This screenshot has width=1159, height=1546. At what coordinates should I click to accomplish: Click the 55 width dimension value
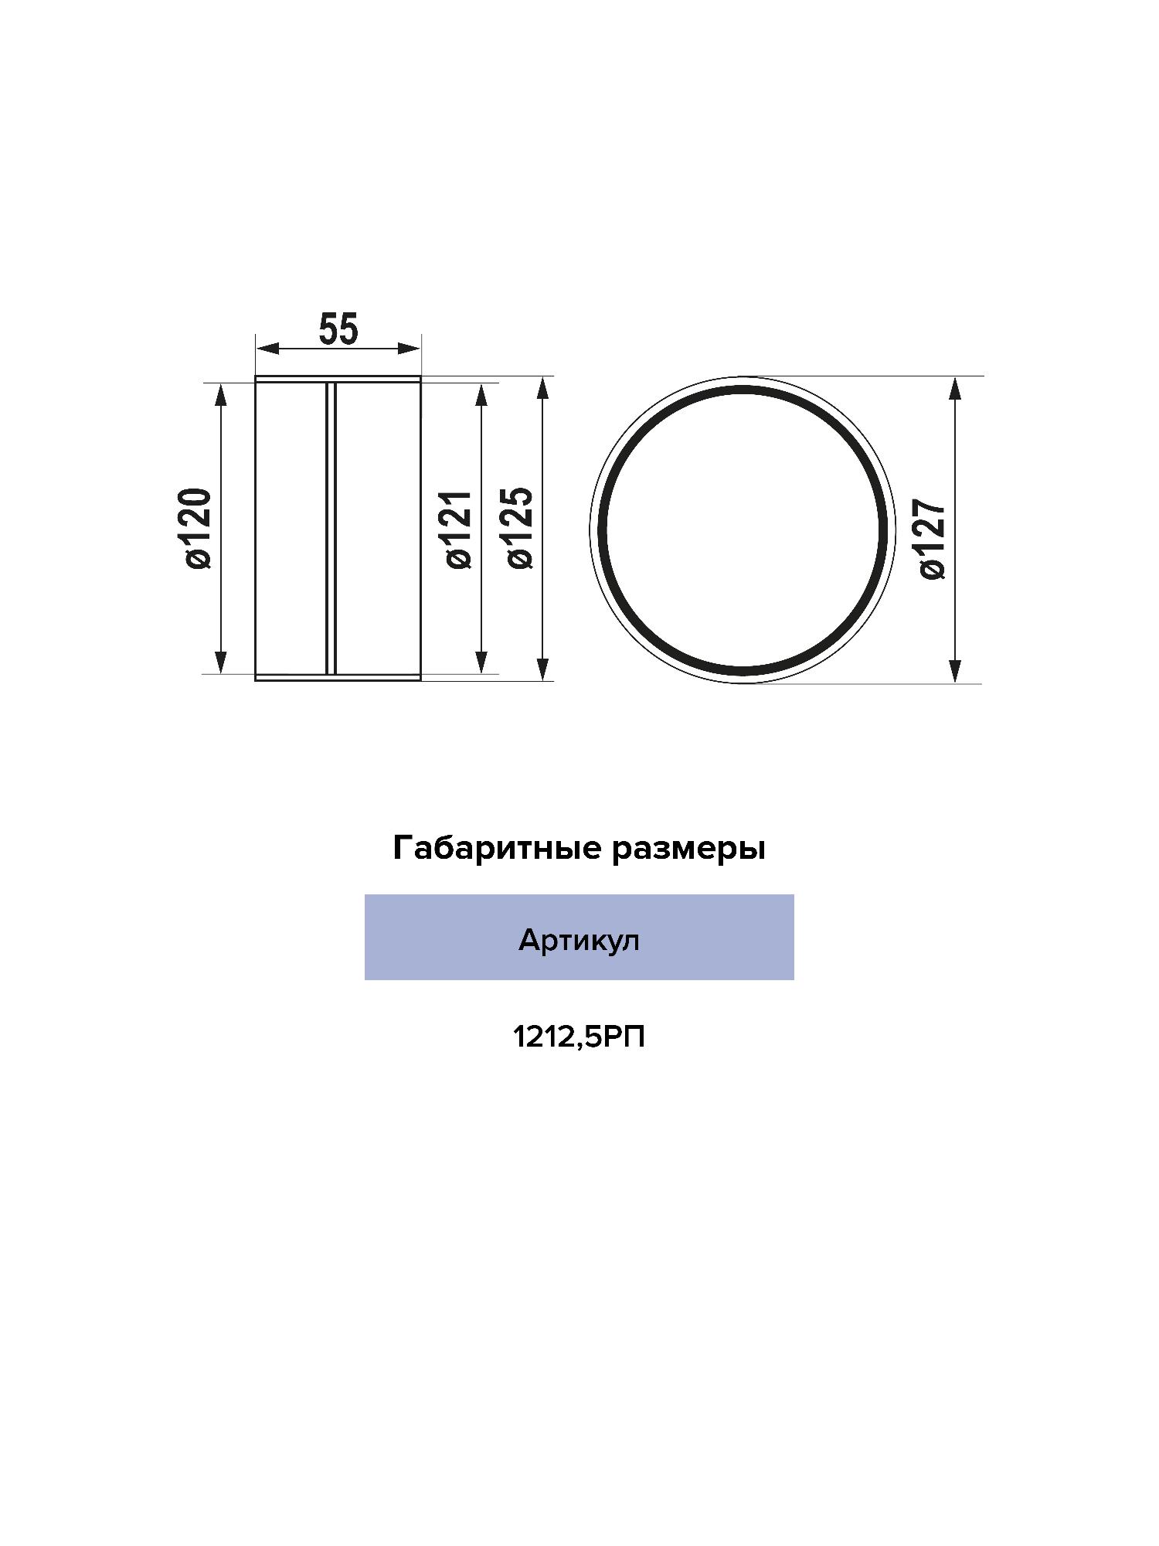338,330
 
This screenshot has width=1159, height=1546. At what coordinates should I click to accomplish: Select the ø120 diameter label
198,529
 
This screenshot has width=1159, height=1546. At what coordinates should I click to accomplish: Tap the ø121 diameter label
458,530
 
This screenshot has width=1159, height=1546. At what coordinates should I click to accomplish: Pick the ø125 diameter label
520,529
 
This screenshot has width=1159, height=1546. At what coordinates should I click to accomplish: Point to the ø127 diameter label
933,539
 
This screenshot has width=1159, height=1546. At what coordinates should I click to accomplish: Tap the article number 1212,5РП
579,1037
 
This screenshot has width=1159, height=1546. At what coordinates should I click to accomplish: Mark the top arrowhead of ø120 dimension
221,394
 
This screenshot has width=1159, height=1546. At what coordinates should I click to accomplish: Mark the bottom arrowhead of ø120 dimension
221,662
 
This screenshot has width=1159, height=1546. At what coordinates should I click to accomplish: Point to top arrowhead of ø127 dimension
955,389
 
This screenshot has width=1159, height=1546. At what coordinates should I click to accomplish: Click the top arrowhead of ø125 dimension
544,389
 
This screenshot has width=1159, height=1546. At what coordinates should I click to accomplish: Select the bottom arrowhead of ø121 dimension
481,662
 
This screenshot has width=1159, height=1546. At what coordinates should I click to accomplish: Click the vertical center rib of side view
331,529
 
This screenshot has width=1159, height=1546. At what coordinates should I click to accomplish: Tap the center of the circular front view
743,530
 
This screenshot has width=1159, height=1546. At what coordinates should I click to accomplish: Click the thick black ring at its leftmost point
602,530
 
